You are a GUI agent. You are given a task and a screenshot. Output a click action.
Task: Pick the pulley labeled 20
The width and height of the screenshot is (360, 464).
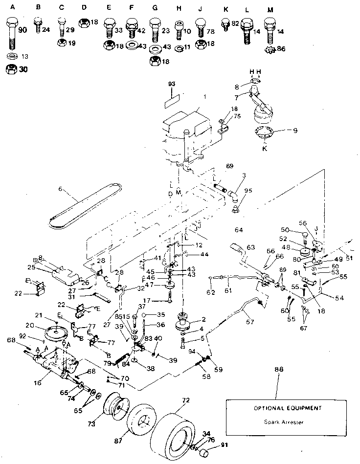click(57, 333)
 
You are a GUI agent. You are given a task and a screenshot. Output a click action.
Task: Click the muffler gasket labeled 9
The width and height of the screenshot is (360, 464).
click(265, 133)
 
